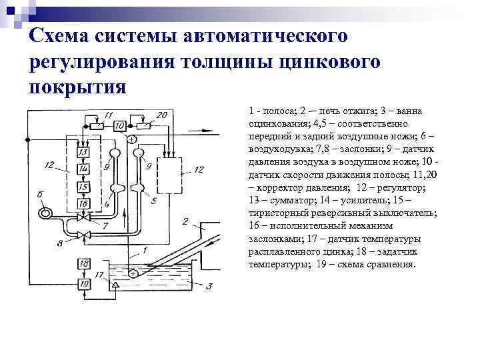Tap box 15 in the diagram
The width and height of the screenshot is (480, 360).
click(83, 187)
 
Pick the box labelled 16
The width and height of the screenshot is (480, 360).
click(83, 203)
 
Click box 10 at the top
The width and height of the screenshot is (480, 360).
click(120, 126)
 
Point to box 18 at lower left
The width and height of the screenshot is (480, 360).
click(84, 264)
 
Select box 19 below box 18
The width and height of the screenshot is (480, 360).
click(84, 285)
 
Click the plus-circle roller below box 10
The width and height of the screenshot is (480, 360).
click(131, 138)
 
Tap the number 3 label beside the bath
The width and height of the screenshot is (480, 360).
click(209, 287)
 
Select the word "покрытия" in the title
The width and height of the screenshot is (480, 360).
click(77, 87)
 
